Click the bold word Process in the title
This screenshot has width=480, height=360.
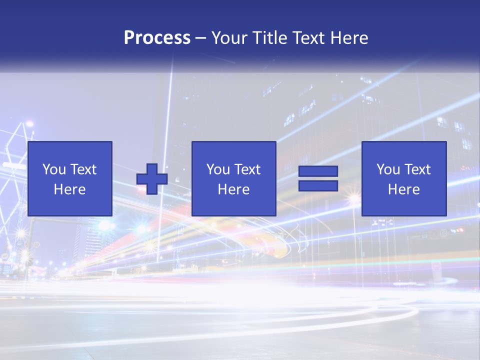pyautogui.click(x=157, y=38)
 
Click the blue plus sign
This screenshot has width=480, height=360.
pyautogui.click(x=152, y=179)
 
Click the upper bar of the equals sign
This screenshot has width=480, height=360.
pyautogui.click(x=318, y=171)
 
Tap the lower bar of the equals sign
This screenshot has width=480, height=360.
pyautogui.click(x=318, y=186)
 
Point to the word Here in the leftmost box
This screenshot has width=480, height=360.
pyautogui.click(x=69, y=189)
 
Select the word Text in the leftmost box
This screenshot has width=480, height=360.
pyautogui.click(x=83, y=169)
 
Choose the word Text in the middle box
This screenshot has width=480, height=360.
pyautogui.click(x=247, y=169)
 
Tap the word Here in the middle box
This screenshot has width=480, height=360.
pyautogui.click(x=233, y=189)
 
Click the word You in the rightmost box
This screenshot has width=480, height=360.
pyautogui.click(x=388, y=169)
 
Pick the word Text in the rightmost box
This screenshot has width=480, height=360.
pyautogui.click(x=417, y=169)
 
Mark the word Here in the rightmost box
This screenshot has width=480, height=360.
pyautogui.click(x=403, y=189)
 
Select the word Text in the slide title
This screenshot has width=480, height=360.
pyautogui.click(x=306, y=38)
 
